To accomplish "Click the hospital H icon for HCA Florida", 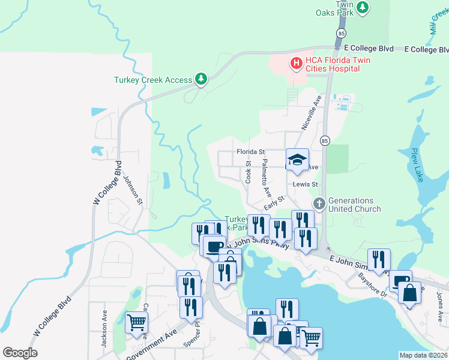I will tap(295, 62).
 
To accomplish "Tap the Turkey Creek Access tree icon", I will tap(201, 79).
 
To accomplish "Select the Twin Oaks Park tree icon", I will tap(362, 7).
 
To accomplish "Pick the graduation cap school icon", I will tap(297, 160).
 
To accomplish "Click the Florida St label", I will tap(250, 152).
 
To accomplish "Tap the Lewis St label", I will tap(305, 185).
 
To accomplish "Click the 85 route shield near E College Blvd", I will tap(341, 33).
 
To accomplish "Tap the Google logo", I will tap(20, 353).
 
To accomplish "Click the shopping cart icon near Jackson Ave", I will tap(136, 322).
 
